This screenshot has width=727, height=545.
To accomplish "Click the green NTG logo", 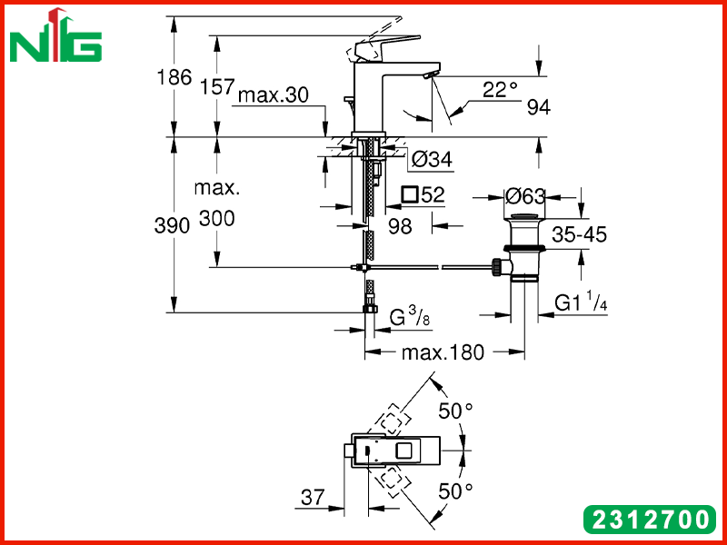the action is coord(55,36).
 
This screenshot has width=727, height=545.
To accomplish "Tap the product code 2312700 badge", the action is coord(650,519).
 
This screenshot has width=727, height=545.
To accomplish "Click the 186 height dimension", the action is coord(174,77).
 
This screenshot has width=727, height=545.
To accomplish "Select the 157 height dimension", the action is coord(217,87).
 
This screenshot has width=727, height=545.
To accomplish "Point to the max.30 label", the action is coord(274,95).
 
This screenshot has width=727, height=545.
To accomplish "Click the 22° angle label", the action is coord(500,90).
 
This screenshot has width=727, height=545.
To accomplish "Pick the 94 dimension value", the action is coord(539,107).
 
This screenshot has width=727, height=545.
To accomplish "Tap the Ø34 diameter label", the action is coord(432,161).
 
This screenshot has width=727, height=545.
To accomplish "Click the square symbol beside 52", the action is coord(410,194).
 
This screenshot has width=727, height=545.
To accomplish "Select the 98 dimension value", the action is coord(400,226).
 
